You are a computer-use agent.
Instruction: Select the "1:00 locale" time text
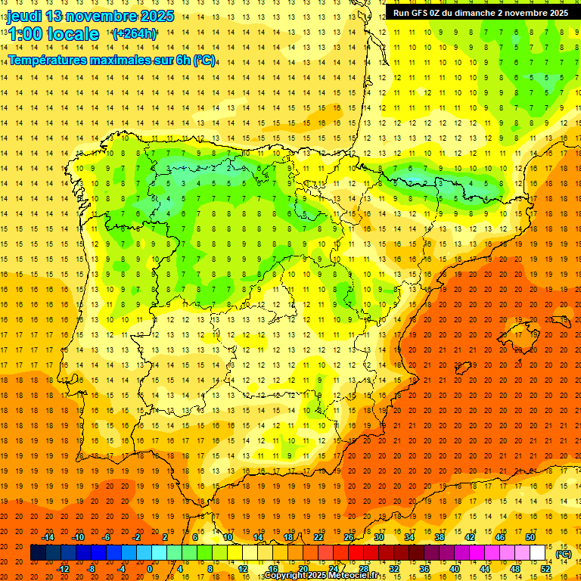54,34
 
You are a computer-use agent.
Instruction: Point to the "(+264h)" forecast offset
134,33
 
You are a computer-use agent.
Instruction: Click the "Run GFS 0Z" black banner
481,12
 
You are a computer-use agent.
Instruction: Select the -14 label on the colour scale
48,537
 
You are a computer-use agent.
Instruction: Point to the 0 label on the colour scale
150,569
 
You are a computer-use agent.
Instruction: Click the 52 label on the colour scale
545,569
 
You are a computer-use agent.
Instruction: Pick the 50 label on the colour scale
530,537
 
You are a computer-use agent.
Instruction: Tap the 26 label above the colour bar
349,537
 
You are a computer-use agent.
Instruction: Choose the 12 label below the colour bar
242,569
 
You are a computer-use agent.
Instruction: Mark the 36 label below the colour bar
424,569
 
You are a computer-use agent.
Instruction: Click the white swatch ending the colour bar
537,553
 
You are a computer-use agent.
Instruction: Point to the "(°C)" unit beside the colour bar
564,554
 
